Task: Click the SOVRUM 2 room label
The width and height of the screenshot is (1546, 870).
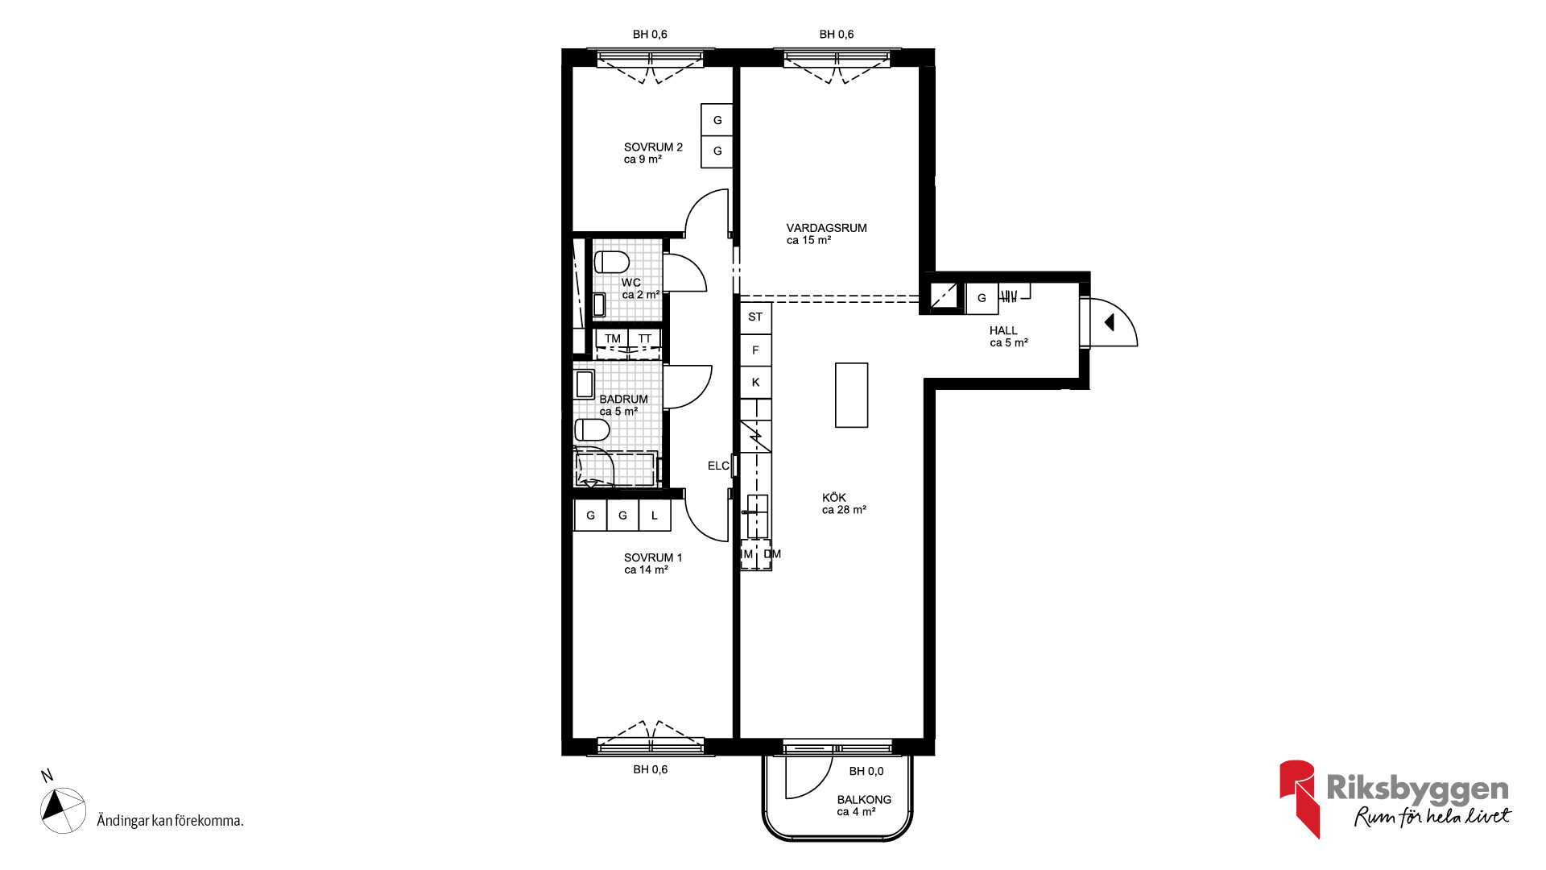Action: coord(653,147)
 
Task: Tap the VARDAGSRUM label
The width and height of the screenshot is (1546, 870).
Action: coord(826,228)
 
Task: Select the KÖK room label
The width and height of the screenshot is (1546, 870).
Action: coord(834,497)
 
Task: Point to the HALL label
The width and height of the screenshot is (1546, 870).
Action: coord(1003,330)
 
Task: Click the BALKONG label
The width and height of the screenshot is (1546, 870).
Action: coord(864,799)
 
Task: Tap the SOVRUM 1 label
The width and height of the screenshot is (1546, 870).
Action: coord(653,557)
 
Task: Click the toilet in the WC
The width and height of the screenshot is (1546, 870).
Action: coord(612,262)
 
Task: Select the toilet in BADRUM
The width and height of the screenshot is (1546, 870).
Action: coord(592,429)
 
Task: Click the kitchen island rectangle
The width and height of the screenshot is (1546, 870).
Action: coord(851,395)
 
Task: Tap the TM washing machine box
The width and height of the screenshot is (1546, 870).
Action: coord(612,339)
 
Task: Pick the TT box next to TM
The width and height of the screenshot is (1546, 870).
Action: coord(645,339)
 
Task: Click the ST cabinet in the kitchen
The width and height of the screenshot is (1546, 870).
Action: coord(755,317)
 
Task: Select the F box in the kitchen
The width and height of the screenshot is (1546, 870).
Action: coord(755,350)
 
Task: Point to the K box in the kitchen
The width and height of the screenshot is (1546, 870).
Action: coord(755,382)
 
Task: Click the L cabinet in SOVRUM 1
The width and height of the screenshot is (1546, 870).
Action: coord(655,516)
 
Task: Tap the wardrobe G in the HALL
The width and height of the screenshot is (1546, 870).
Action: coord(982,298)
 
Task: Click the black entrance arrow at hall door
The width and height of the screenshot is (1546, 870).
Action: coord(1110,322)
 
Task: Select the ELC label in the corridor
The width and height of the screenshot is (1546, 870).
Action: coord(718,466)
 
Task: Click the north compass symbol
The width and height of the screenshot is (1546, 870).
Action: coord(63,810)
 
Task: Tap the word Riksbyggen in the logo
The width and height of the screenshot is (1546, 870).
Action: coord(1417,788)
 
